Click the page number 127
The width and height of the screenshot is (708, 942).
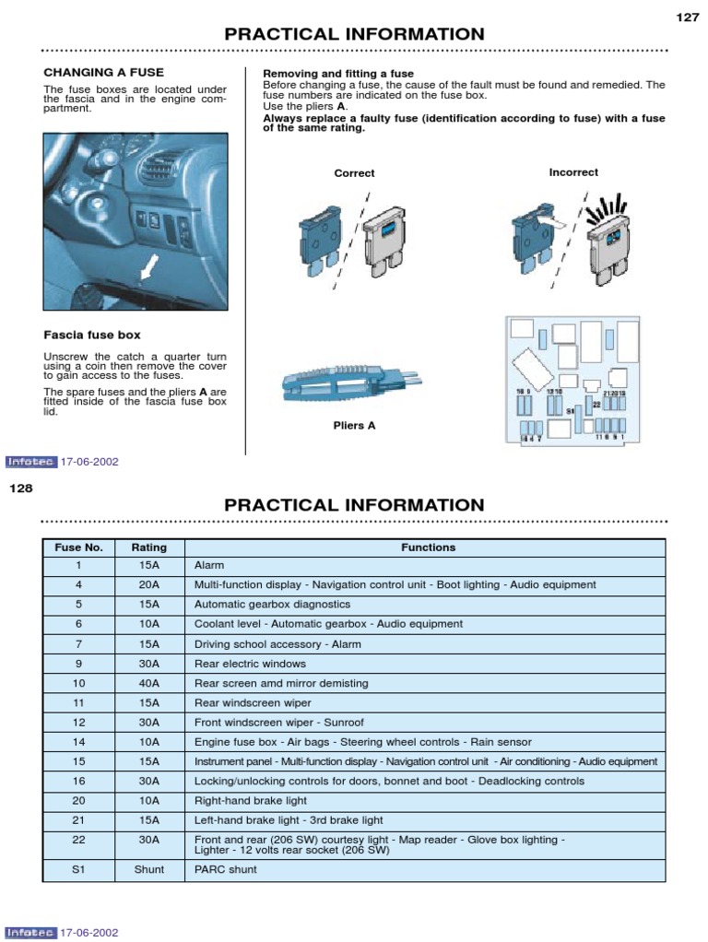pyautogui.click(x=688, y=17)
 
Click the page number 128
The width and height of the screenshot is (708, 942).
pyautogui.click(x=21, y=488)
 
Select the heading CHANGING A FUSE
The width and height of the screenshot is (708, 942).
pyautogui.click(x=104, y=72)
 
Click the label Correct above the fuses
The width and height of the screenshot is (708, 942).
pyautogui.click(x=354, y=173)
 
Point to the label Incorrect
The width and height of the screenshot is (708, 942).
pyautogui.click(x=572, y=172)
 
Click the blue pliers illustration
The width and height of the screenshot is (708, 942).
pyautogui.click(x=349, y=386)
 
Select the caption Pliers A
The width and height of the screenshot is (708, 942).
pyautogui.click(x=354, y=426)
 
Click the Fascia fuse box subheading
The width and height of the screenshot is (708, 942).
pyautogui.click(x=92, y=335)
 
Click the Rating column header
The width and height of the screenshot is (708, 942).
pyautogui.click(x=149, y=548)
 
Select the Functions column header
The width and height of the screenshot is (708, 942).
pyautogui.click(x=428, y=548)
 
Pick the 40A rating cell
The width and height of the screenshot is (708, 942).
pyautogui.click(x=149, y=683)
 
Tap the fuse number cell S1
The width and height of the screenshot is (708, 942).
pyautogui.click(x=79, y=869)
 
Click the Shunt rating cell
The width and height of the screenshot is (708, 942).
pyautogui.click(x=149, y=869)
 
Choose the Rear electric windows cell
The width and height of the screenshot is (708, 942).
pyautogui.click(x=250, y=664)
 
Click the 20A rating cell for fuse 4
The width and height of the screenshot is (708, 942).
pyautogui.click(x=149, y=584)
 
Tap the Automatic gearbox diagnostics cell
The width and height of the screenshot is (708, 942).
pyautogui.click(x=272, y=605)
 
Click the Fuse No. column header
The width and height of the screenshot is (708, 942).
pyautogui.click(x=79, y=548)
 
